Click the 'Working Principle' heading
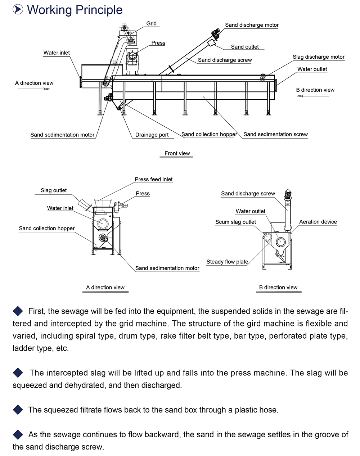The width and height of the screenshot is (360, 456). pyautogui.click(x=75, y=10)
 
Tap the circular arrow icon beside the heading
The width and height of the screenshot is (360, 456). pyautogui.click(x=18, y=9)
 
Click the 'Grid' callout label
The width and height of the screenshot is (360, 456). pyautogui.click(x=151, y=23)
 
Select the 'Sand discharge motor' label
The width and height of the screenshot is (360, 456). pyautogui.click(x=252, y=25)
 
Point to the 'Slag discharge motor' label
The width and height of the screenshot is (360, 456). pyautogui.click(x=319, y=57)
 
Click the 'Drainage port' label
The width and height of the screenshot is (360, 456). pyautogui.click(x=152, y=135)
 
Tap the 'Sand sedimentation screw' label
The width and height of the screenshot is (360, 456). pyautogui.click(x=275, y=134)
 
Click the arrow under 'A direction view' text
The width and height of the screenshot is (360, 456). pyautogui.click(x=34, y=89)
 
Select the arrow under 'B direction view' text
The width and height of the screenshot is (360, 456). pyautogui.click(x=313, y=96)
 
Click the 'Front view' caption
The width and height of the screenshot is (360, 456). pyautogui.click(x=177, y=153)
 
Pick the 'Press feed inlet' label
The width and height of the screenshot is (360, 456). pyautogui.click(x=154, y=179)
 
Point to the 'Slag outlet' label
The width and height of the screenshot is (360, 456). pyautogui.click(x=54, y=190)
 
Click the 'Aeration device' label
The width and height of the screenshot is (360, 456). pyautogui.click(x=318, y=222)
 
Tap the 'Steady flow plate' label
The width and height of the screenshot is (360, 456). pyautogui.click(x=227, y=262)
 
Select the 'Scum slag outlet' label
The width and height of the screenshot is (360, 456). pyautogui.click(x=235, y=222)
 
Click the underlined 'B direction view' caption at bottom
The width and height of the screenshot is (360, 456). pyautogui.click(x=278, y=288)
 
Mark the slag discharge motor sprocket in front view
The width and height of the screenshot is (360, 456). pyautogui.click(x=262, y=78)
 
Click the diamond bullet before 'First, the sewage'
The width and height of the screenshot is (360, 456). pyautogui.click(x=18, y=311)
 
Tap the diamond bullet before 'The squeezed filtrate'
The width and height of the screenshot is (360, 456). pyautogui.click(x=18, y=410)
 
